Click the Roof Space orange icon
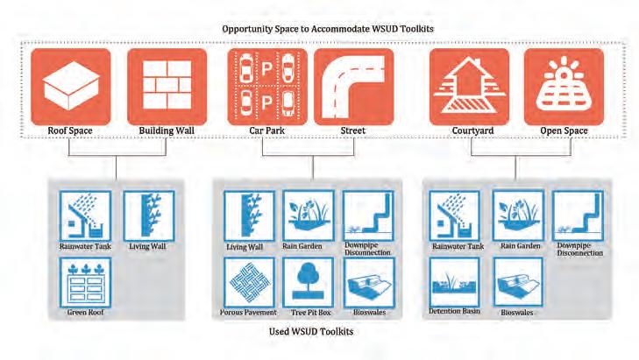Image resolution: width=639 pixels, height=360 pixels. click(x=71, y=87)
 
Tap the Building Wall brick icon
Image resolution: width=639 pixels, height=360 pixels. click(x=167, y=87)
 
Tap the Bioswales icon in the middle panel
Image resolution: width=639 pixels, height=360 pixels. click(x=366, y=281)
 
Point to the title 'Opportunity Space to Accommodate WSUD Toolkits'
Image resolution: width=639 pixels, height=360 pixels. click(x=330, y=29)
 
